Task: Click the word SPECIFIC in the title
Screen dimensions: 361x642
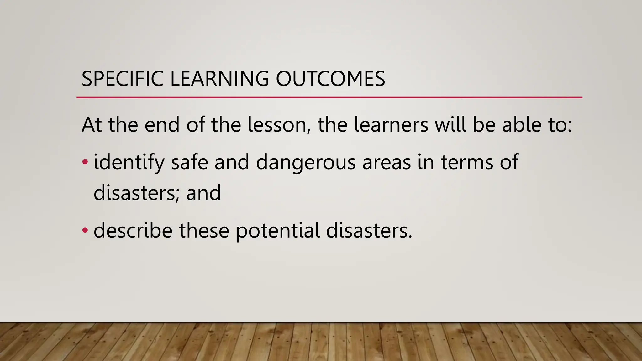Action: [x=122, y=79]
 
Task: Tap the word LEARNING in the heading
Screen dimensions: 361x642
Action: [x=219, y=79]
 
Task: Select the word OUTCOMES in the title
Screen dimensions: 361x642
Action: [x=330, y=79]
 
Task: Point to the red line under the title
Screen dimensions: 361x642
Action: [x=329, y=97]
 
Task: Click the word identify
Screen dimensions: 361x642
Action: [x=129, y=162]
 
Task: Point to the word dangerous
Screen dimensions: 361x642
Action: [x=306, y=162]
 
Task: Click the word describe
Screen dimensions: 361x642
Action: [x=133, y=230]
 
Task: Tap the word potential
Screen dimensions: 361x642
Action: [x=278, y=231]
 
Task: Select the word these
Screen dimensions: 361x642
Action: [x=204, y=230]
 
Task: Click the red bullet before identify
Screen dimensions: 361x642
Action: [x=85, y=162]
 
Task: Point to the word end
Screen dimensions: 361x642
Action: [x=162, y=124]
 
